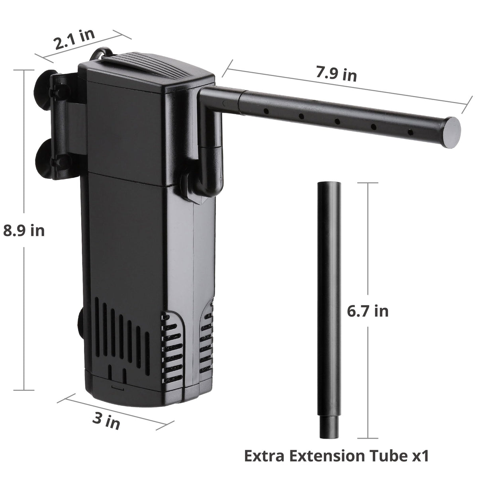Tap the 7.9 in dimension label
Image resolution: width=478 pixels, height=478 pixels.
point(336,74)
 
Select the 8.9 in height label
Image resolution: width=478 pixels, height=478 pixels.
point(24,231)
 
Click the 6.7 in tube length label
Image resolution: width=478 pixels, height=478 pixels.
point(367,311)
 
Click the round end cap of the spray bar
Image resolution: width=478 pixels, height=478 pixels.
point(451,133)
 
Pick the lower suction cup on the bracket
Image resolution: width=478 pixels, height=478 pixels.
point(45,159)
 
